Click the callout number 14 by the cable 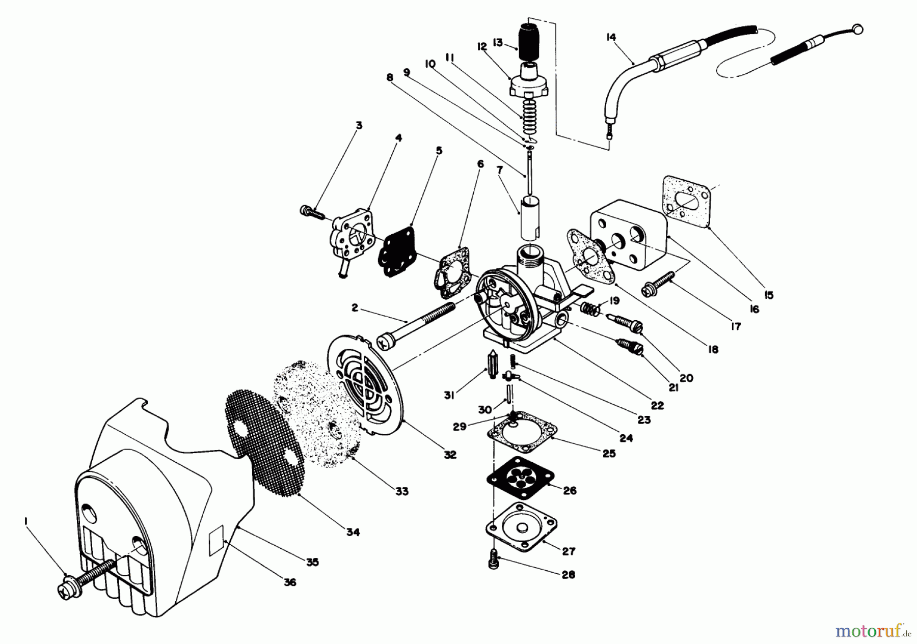click(x=611, y=37)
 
